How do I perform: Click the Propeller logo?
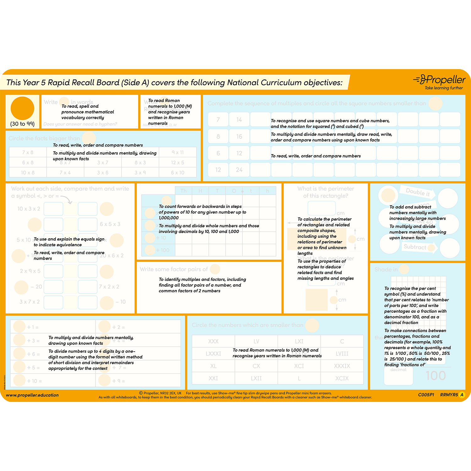pos(440,80)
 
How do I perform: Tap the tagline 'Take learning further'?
pos(444,88)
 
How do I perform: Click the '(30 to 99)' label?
pos(22,124)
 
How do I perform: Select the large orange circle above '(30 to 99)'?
pos(22,108)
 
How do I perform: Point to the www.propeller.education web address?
pos(32,395)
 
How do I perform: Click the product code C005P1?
pos(426,395)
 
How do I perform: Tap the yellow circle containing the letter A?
pos(462,395)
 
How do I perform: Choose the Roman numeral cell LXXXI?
pos(213,354)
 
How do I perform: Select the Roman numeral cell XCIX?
pos(342,378)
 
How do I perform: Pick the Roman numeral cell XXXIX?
pos(342,366)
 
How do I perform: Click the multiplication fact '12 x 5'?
pos(177,162)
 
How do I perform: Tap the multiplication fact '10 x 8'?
pos(28,172)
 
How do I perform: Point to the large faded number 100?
pos(436,376)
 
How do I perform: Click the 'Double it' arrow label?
pos(418,192)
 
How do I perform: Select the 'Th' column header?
pos(183,191)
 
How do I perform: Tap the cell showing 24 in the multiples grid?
pos(239,170)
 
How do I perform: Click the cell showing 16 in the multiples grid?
pos(239,136)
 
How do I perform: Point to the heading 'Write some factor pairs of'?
pos(174,269)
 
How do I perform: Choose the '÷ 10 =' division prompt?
pos(35,381)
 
